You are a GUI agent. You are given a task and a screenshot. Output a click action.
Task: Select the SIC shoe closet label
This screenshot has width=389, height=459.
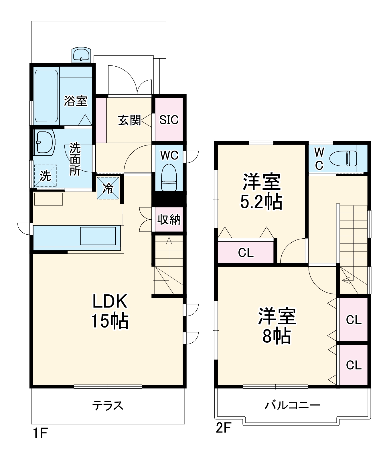click(169, 120)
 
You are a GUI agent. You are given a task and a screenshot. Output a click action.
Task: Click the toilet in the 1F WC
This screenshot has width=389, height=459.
click(169, 177)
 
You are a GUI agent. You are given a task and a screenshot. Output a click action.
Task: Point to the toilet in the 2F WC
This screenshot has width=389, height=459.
click(343, 158)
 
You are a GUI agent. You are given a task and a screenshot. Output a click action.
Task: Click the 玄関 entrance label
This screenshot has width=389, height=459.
click(129, 120)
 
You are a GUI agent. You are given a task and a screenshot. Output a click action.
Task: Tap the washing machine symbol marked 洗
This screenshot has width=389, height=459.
click(45, 176)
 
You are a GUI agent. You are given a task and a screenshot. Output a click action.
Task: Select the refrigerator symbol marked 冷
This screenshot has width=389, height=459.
click(108, 188)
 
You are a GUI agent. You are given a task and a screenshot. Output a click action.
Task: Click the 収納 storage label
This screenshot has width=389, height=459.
click(169, 219)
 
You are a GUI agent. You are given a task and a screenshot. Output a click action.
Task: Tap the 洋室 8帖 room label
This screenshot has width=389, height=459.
click(277, 325)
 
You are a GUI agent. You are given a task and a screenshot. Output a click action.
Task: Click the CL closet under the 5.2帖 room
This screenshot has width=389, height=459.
click(246, 252)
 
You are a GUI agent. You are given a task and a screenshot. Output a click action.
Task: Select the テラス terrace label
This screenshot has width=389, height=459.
click(108, 405)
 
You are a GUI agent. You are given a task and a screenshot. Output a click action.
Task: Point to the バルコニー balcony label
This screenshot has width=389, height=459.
click(292, 405)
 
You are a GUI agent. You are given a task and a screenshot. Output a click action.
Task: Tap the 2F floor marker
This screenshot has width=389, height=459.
click(223, 428)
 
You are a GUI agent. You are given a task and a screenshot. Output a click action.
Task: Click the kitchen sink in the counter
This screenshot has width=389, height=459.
click(98, 236)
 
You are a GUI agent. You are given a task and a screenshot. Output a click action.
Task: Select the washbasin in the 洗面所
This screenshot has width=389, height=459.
click(44, 142)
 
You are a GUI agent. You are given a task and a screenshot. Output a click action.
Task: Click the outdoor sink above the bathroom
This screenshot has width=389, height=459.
click(81, 54)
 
